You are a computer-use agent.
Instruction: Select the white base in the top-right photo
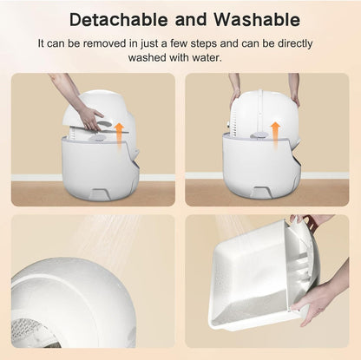[x=260, y=165]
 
